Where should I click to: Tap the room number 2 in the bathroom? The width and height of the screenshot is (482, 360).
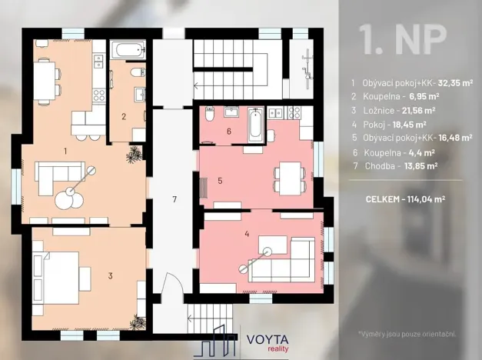123,117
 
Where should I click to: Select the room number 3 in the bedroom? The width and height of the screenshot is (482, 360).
110,275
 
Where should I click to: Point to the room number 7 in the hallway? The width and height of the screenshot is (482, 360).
175,200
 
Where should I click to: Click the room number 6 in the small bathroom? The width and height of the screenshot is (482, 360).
228,131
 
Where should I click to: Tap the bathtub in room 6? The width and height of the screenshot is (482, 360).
256,125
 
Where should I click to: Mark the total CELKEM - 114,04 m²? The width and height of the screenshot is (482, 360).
405,198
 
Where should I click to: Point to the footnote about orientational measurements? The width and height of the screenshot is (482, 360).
407,334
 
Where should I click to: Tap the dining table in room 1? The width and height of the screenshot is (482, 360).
47,77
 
